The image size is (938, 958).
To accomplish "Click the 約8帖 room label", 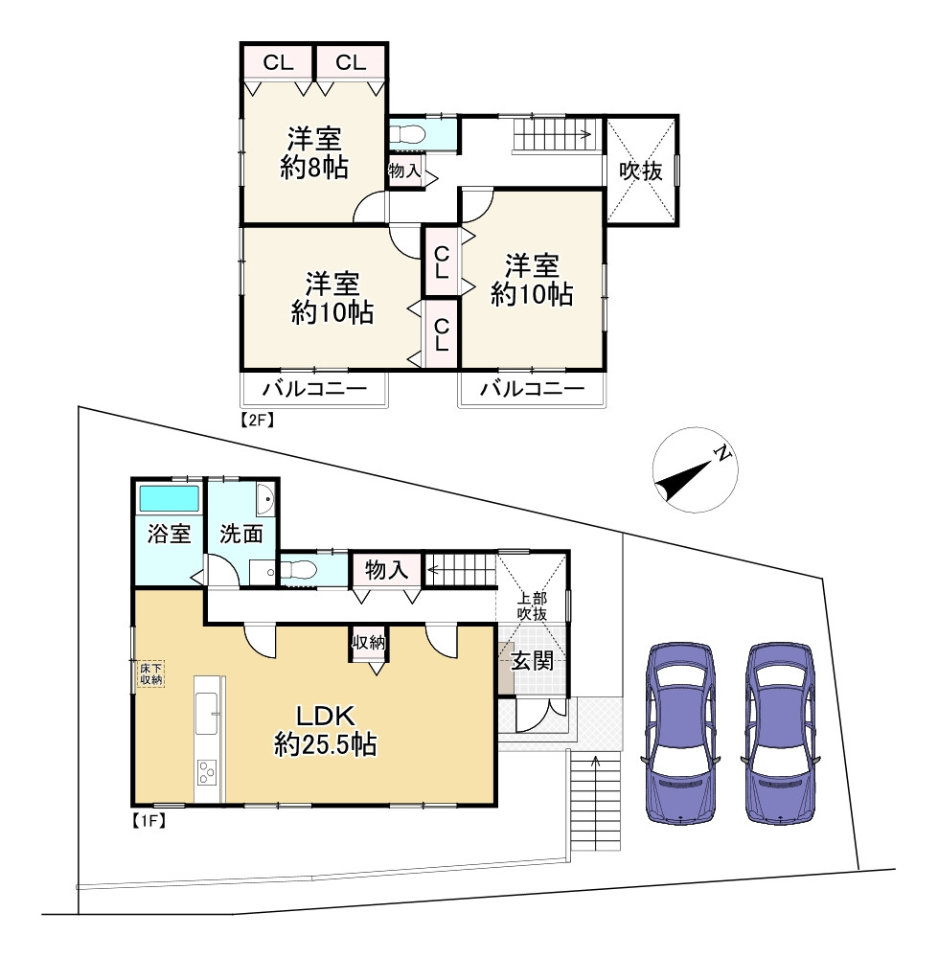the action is click(314, 168).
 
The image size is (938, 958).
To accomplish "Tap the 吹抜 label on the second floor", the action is click(641, 171).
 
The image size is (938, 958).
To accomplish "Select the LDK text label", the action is click(325, 716).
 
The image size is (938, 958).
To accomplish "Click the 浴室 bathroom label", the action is click(170, 534).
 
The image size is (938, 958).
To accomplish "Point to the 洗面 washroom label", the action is click(241, 534).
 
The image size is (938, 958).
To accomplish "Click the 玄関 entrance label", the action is click(533, 660).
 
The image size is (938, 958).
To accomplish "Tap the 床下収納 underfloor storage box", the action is click(150, 673).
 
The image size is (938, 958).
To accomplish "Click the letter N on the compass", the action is click(722, 453).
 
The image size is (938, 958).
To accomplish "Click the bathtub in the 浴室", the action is click(170, 498).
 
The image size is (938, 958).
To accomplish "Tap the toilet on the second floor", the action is click(407, 134).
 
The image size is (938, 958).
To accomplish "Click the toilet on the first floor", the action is click(298, 571).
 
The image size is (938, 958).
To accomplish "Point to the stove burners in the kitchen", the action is click(207, 771).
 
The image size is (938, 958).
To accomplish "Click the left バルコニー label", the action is click(315, 389).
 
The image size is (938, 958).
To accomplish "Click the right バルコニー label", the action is click(533, 389).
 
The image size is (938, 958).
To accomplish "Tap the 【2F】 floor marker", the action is click(256, 420).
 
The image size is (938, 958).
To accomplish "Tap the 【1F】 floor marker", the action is click(149, 821).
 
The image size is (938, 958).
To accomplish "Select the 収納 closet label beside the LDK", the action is click(369, 642).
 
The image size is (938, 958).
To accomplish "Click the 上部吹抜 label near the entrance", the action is click(533, 606).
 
